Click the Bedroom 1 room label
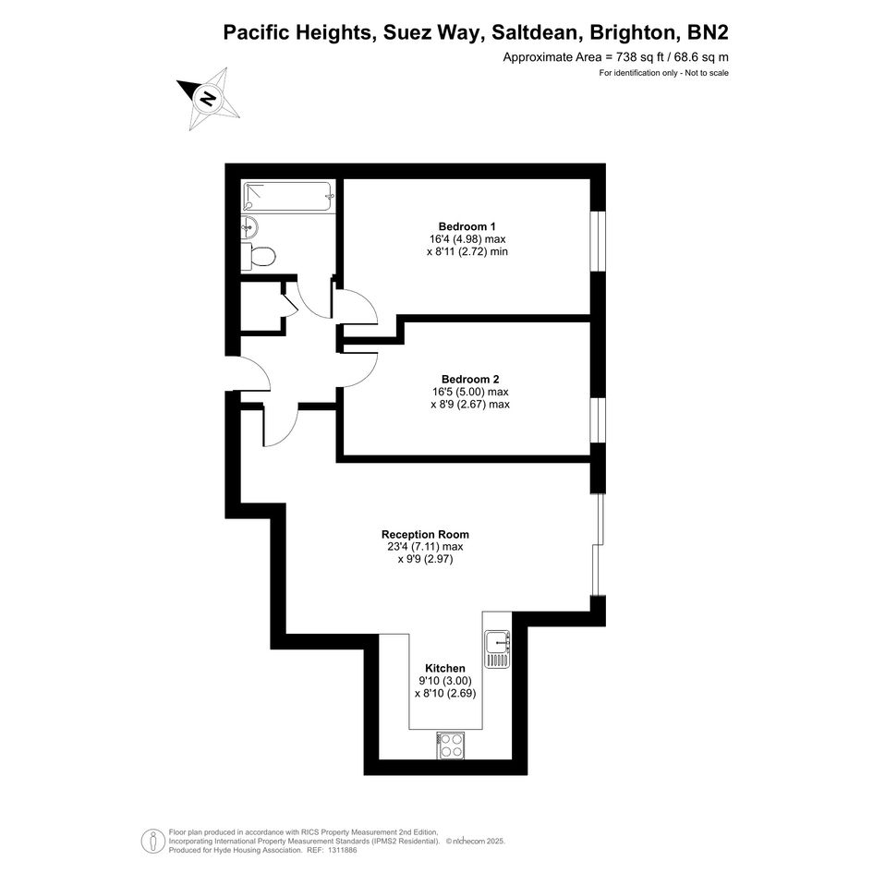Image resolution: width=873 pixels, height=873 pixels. point(467,226)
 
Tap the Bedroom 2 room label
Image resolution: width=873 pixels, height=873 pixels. point(470,379)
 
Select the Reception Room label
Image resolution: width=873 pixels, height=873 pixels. point(425,535)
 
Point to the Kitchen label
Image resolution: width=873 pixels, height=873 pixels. point(445,668)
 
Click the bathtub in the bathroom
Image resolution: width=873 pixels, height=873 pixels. point(288,196)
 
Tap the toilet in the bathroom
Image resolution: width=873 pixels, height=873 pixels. point(259,257)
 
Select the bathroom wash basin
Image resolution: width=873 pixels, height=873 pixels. point(249,226)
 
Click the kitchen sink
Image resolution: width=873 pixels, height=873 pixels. point(497,649)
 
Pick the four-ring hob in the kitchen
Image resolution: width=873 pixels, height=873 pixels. point(451,746)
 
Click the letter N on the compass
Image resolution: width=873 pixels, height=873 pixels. point(209,99)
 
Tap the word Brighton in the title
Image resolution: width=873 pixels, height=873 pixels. point(634,32)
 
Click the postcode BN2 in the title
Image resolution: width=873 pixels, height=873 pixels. point(709,32)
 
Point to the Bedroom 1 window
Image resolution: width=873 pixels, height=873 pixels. point(598,241)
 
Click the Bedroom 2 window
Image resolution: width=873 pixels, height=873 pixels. point(598,420)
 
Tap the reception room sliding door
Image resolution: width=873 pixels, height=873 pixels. point(598,544)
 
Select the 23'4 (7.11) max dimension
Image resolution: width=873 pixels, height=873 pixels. point(425,547)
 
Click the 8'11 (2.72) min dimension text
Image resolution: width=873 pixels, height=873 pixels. point(467,251)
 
